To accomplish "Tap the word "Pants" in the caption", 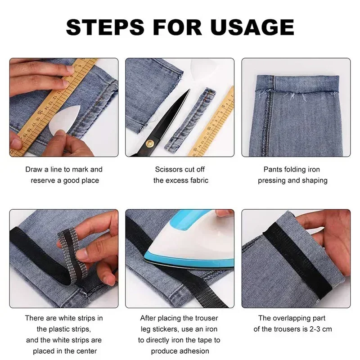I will click(x=273, y=170).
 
